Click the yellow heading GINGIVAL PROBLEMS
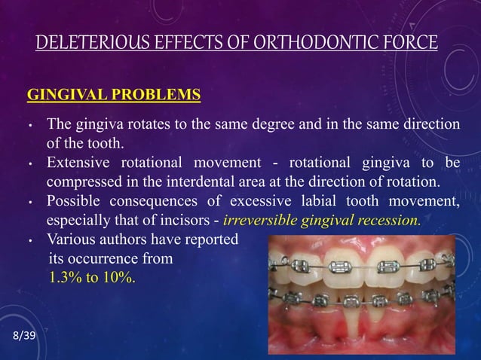click(114, 96)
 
